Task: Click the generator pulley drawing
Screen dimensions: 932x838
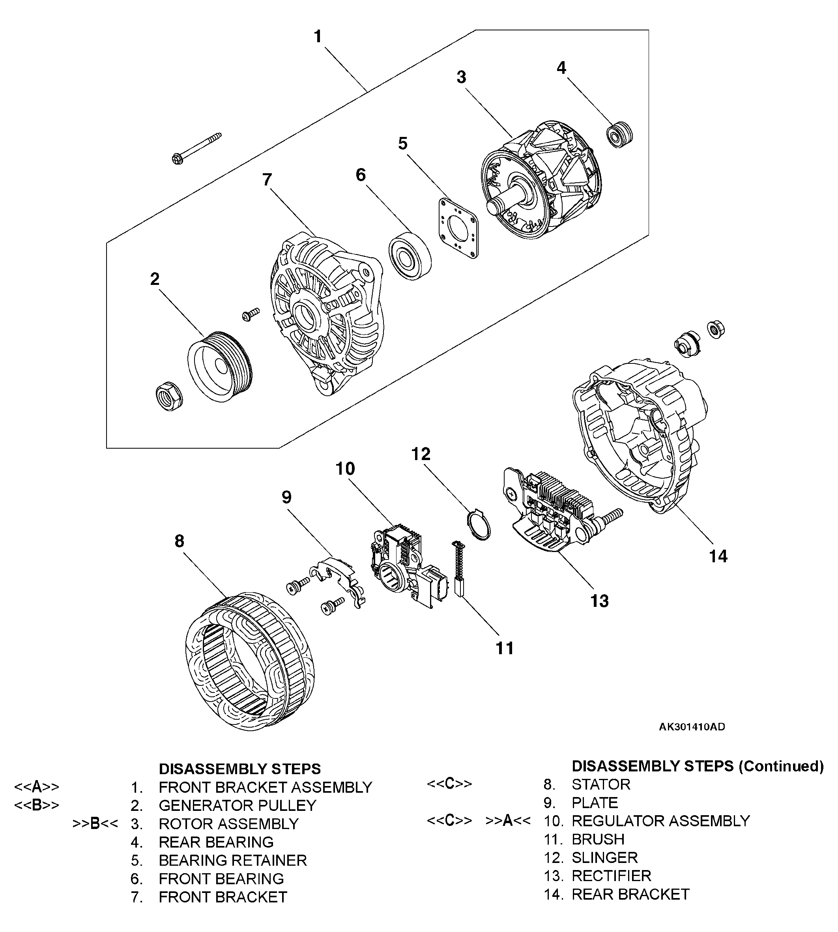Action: click(x=220, y=367)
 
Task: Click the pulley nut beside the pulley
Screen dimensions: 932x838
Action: click(x=168, y=396)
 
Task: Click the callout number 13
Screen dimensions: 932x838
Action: click(x=599, y=601)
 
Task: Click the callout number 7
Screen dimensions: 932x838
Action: click(x=267, y=180)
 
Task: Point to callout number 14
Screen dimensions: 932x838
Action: click(x=718, y=556)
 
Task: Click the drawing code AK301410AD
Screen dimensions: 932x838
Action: click(x=692, y=727)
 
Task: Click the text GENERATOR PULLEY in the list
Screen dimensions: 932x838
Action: click(x=237, y=805)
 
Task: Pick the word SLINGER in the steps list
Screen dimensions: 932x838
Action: click(x=604, y=857)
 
